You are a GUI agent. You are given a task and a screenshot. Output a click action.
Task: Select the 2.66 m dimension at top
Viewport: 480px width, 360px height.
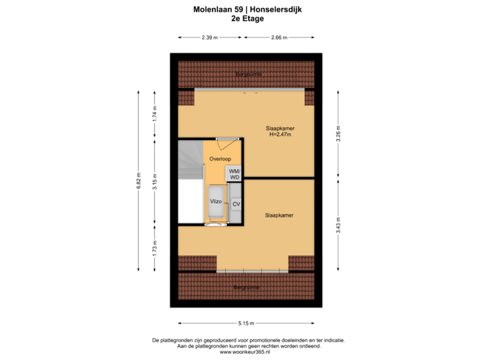click(x=279, y=37)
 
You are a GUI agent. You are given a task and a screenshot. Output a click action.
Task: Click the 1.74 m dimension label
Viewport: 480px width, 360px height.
click(x=155, y=113)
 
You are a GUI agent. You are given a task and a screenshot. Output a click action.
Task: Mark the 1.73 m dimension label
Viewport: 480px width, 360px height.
click(x=155, y=249)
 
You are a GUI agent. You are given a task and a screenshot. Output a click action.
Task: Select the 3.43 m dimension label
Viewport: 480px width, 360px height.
click(x=338, y=223)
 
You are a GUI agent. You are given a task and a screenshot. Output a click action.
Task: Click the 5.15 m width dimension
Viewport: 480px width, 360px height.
click(x=246, y=324)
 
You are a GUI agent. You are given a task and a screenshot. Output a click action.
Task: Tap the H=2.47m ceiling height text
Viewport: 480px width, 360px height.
click(x=280, y=135)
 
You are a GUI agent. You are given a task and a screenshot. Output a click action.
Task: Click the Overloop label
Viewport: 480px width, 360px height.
click(x=220, y=159)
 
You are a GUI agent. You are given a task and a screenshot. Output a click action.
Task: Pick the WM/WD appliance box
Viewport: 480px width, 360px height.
click(x=234, y=173)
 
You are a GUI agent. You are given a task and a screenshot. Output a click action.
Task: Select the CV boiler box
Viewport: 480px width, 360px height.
click(x=236, y=204)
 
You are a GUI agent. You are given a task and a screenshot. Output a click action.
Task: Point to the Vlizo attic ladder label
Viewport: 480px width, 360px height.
click(x=216, y=201)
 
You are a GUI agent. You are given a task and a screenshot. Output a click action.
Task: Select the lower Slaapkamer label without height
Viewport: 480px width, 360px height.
click(x=279, y=215)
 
